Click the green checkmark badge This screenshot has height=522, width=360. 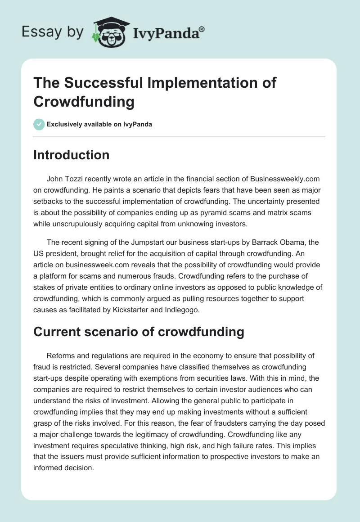tap(39, 124)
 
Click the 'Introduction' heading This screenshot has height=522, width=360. tap(71, 155)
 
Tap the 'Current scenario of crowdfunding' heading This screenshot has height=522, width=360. tap(139, 332)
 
